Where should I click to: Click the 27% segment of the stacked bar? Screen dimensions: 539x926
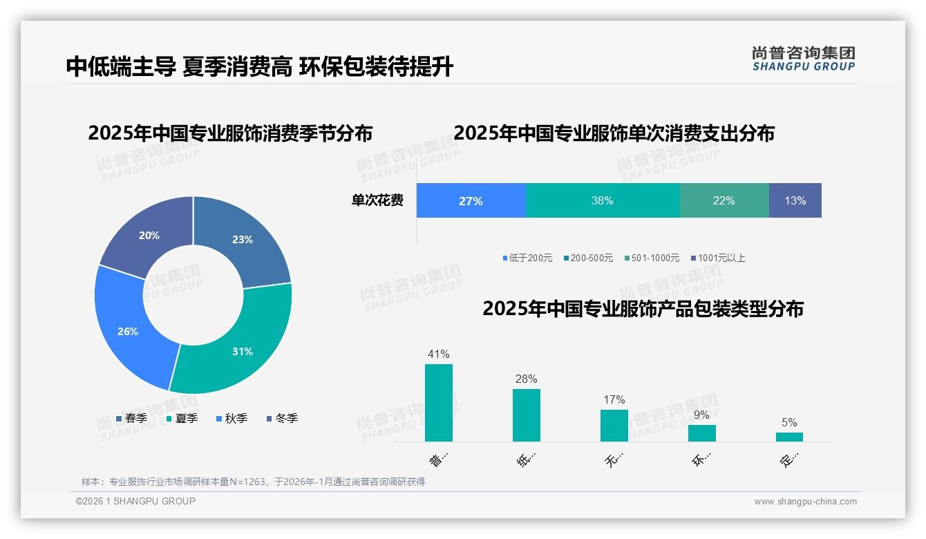pos(471,201)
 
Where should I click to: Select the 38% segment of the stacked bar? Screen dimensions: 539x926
pos(603,201)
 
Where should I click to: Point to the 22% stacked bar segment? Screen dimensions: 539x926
pos(724,201)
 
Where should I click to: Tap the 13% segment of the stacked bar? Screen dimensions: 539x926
pos(795,201)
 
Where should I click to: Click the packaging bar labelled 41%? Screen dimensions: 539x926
pos(439,403)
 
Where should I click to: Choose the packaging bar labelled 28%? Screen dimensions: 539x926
pos(527,415)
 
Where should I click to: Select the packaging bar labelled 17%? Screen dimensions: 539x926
pos(614,426)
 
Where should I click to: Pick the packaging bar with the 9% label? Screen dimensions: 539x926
pos(702,433)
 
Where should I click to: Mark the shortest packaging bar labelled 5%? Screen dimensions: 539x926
pos(789,437)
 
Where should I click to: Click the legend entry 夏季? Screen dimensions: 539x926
pos(182,419)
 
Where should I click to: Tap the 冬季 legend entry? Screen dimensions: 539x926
pos(282,419)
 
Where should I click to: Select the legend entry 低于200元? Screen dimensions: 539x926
pos(527,258)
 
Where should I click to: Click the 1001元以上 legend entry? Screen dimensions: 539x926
pos(718,258)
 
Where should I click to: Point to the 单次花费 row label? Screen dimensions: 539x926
pos(377,201)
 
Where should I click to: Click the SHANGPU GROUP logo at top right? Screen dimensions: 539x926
pos(804,58)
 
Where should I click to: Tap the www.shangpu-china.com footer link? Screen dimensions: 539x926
pos(805,502)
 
